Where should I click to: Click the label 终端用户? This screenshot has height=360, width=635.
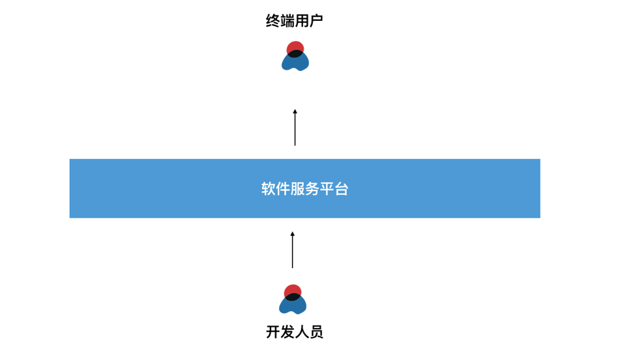click(295, 21)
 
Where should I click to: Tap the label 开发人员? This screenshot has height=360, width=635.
click(295, 332)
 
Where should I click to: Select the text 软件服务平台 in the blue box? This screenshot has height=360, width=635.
click(305, 189)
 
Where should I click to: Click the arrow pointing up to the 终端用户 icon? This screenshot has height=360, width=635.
click(295, 129)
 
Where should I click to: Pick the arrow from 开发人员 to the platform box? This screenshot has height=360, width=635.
click(292, 251)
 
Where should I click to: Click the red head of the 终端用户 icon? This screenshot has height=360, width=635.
click(295, 47)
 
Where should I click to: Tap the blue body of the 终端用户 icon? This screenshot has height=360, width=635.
click(295, 63)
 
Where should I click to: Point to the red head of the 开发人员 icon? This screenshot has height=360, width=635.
click(293, 290)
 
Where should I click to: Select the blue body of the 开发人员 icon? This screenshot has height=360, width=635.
click(293, 306)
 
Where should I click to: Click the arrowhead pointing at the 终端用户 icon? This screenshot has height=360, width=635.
click(295, 112)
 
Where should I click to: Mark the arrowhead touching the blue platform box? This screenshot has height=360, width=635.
click(292, 234)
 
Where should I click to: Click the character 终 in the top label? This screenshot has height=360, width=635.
click(273, 21)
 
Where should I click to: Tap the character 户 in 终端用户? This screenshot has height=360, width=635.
click(316, 21)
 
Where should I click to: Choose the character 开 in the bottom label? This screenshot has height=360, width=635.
click(273, 332)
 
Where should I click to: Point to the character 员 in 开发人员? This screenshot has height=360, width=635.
click(316, 332)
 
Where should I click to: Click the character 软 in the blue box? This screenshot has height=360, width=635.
click(269, 189)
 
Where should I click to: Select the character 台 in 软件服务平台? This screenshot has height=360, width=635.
click(342, 189)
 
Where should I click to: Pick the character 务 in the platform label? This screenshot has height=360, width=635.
click(312, 189)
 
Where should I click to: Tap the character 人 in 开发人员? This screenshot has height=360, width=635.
click(302, 332)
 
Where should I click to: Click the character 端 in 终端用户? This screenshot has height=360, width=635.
click(288, 21)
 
